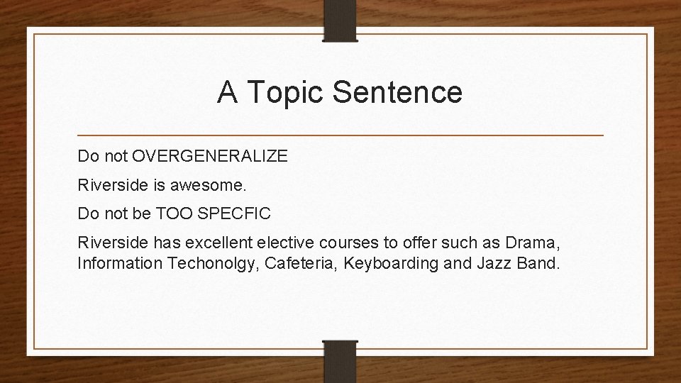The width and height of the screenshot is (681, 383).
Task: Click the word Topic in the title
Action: point(282,92)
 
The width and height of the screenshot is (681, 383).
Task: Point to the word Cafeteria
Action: point(292,265)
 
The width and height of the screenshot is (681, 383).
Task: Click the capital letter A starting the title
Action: point(226,92)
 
